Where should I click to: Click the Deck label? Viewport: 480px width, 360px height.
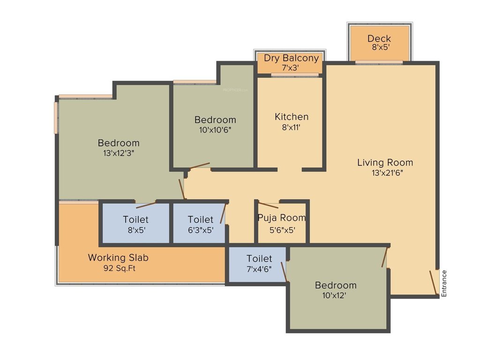(379, 38)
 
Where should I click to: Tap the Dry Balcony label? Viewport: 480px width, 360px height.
(291, 58)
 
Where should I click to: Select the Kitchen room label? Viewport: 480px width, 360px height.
(292, 117)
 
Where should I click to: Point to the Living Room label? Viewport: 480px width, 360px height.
(385, 163)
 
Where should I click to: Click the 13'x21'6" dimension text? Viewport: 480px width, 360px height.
(387, 172)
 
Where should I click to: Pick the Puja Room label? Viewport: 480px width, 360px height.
(282, 217)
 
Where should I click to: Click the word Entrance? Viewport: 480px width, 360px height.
(444, 284)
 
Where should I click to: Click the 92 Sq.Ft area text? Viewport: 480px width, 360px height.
(119, 269)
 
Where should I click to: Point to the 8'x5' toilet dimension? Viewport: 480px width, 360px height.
(136, 230)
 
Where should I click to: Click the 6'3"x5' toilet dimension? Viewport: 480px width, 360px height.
(200, 230)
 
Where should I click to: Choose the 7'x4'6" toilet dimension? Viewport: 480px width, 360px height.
(259, 269)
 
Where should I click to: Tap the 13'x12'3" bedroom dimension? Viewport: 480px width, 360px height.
(119, 153)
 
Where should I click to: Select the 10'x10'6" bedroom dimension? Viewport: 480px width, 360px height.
(215, 130)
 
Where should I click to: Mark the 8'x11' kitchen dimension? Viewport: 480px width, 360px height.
(292, 127)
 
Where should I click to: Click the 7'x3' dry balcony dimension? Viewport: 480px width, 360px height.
(291, 67)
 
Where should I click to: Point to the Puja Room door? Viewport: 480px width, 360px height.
(269, 205)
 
